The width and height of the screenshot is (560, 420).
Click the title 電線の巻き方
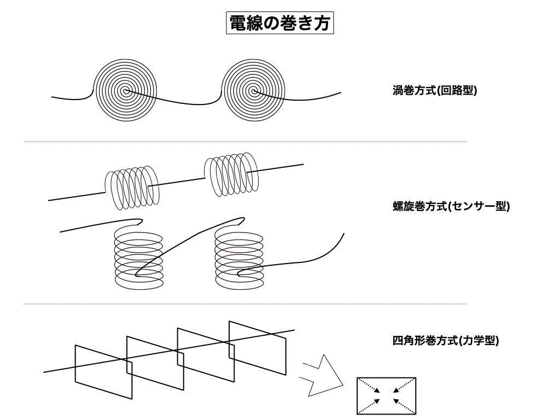280,24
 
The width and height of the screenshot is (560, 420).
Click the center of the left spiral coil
126,91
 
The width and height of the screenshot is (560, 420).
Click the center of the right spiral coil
253,91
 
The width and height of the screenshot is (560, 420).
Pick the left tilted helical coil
132,186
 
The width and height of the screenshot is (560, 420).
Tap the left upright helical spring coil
138,258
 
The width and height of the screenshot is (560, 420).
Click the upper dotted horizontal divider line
245,142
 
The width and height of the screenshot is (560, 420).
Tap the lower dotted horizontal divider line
245,304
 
